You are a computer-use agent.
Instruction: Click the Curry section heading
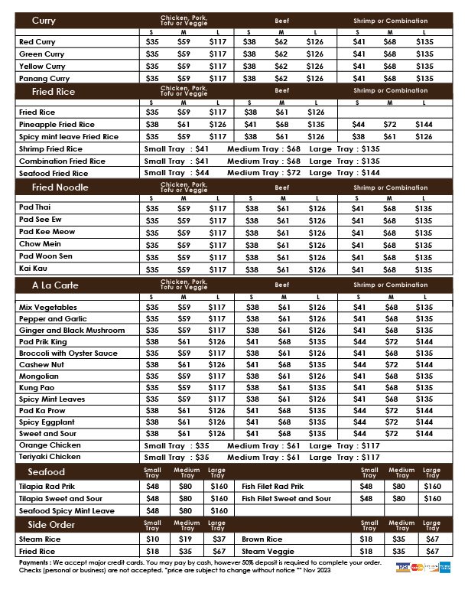click(x=44, y=20)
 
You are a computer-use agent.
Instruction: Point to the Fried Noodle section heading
click(x=60, y=187)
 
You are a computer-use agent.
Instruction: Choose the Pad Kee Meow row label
click(x=47, y=232)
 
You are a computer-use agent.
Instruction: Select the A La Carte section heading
click(x=55, y=285)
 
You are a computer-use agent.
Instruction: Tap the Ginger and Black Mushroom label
click(x=72, y=330)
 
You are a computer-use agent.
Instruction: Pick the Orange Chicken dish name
click(x=50, y=445)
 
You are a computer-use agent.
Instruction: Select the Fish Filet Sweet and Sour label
click(x=287, y=498)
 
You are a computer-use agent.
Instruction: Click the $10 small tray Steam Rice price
click(x=153, y=539)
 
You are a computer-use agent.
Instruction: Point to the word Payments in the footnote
click(x=34, y=562)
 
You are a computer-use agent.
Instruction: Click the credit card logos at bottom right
click(x=424, y=567)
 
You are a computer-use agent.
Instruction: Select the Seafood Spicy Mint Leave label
click(x=67, y=510)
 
